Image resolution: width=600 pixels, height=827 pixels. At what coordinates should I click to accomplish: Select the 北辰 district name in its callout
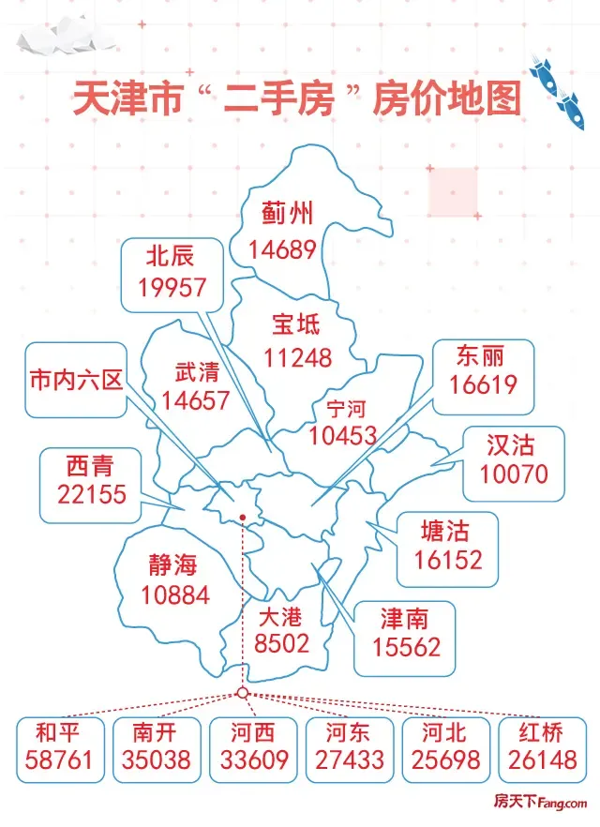172,256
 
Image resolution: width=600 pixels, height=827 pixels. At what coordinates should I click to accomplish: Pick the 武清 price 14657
195,400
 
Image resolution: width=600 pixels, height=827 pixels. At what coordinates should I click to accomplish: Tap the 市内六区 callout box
76,380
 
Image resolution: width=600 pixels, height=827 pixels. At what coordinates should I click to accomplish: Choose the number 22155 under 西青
91,494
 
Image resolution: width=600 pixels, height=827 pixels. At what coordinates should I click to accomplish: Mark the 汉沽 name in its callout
514,443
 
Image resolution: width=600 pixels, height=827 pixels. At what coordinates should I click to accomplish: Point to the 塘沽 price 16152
448,560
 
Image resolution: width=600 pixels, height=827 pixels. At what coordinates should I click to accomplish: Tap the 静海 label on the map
173,564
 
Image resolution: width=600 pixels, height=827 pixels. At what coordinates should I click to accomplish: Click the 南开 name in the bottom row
156,731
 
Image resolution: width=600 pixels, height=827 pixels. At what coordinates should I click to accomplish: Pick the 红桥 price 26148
543,759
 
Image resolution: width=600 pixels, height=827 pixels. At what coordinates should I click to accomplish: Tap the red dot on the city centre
242,517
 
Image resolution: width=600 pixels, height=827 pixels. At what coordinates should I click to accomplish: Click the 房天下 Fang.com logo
539,803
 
